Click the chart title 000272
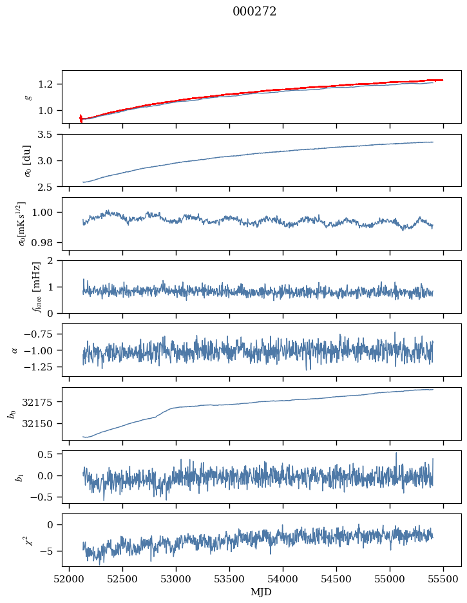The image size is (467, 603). pyautogui.click(x=254, y=11)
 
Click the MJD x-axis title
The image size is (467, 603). pyautogui.click(x=262, y=592)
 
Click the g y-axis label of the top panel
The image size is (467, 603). pyautogui.click(x=28, y=97)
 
